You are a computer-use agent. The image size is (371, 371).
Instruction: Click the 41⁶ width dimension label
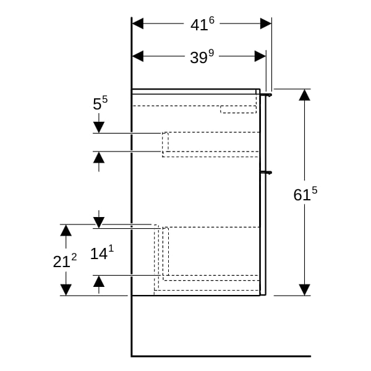[202, 24]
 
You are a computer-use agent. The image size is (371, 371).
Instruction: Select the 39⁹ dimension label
[202, 57]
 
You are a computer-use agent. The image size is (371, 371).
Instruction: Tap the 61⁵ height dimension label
[305, 194]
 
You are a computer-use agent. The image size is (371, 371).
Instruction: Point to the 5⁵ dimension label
[100, 103]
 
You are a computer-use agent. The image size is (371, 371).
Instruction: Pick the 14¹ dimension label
[102, 253]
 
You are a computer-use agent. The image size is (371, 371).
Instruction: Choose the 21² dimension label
[65, 261]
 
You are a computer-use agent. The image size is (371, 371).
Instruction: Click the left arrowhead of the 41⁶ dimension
[138, 23]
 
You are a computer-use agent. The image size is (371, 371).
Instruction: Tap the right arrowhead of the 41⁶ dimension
[266, 23]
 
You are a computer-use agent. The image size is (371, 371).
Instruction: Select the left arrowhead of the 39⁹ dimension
[138, 56]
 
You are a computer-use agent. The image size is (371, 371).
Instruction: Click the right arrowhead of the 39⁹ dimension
[260, 56]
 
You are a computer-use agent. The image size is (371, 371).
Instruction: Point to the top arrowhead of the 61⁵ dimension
[304, 95]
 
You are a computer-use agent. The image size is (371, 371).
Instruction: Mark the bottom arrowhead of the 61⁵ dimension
[304, 290]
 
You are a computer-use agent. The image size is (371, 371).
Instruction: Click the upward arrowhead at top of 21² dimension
[66, 230]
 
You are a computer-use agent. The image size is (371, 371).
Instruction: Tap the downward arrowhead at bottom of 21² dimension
[66, 290]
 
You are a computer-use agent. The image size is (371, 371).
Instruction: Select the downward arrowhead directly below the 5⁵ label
[99, 127]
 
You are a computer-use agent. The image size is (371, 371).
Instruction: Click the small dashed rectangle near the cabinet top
[238, 109]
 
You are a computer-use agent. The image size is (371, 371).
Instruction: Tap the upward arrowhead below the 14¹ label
[99, 281]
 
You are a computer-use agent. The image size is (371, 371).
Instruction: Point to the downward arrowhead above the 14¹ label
[99, 223]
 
